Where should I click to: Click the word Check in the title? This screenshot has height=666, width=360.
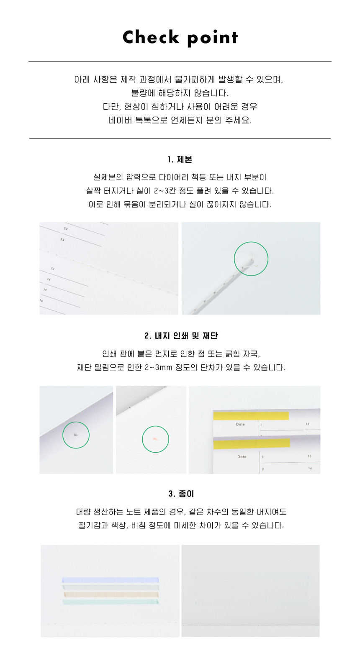[151, 37]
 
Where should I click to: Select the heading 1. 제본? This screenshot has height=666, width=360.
[180, 160]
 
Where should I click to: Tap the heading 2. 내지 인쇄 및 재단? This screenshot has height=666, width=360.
[181, 336]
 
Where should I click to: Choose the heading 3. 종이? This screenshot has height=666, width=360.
[181, 494]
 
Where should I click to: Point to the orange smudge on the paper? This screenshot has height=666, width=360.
[156, 439]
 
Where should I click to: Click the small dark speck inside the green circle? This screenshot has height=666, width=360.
[76, 435]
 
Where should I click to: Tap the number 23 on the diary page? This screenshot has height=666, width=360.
[66, 229]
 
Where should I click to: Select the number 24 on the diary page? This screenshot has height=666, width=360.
[62, 239]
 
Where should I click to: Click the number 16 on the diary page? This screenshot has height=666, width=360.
[41, 301]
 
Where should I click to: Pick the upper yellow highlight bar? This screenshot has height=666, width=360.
[251, 415]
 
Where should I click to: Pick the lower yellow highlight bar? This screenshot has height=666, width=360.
[252, 443]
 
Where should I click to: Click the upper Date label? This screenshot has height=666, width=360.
[240, 424]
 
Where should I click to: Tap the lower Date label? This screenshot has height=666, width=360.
[242, 457]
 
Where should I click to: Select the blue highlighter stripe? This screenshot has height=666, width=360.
[111, 580]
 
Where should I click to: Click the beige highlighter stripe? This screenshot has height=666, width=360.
[111, 594]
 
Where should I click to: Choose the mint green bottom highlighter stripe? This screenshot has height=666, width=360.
[111, 602]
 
